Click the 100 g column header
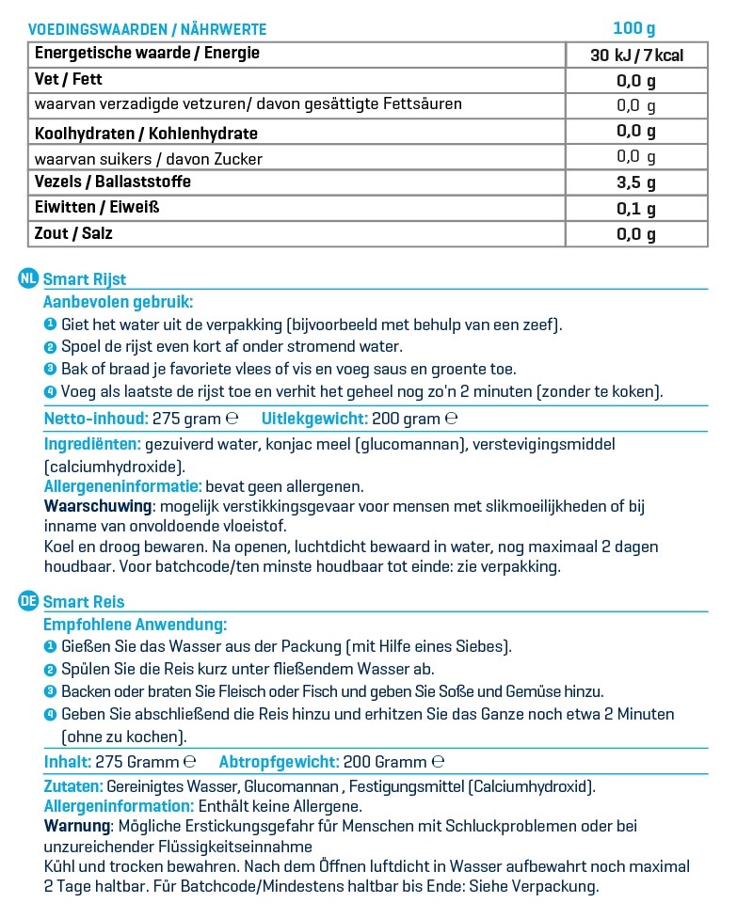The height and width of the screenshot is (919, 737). pos(635,29)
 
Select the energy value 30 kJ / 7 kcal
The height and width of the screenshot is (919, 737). pos(636,55)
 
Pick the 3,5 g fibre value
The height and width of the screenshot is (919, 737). pos(636,182)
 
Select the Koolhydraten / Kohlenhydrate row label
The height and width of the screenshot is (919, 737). pos(146,134)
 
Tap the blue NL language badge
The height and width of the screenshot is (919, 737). pos(28,278)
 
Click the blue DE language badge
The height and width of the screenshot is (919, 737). pos(28,601)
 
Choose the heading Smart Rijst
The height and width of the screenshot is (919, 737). pos(85,279)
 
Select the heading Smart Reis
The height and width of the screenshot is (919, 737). pos(84,602)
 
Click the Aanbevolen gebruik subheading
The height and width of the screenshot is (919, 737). pos(118,302)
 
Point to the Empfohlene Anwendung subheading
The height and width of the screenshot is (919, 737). pos(135,624)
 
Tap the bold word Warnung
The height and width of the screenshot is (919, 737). pos(77,825)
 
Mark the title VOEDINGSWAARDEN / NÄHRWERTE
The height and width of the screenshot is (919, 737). pos(147,29)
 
